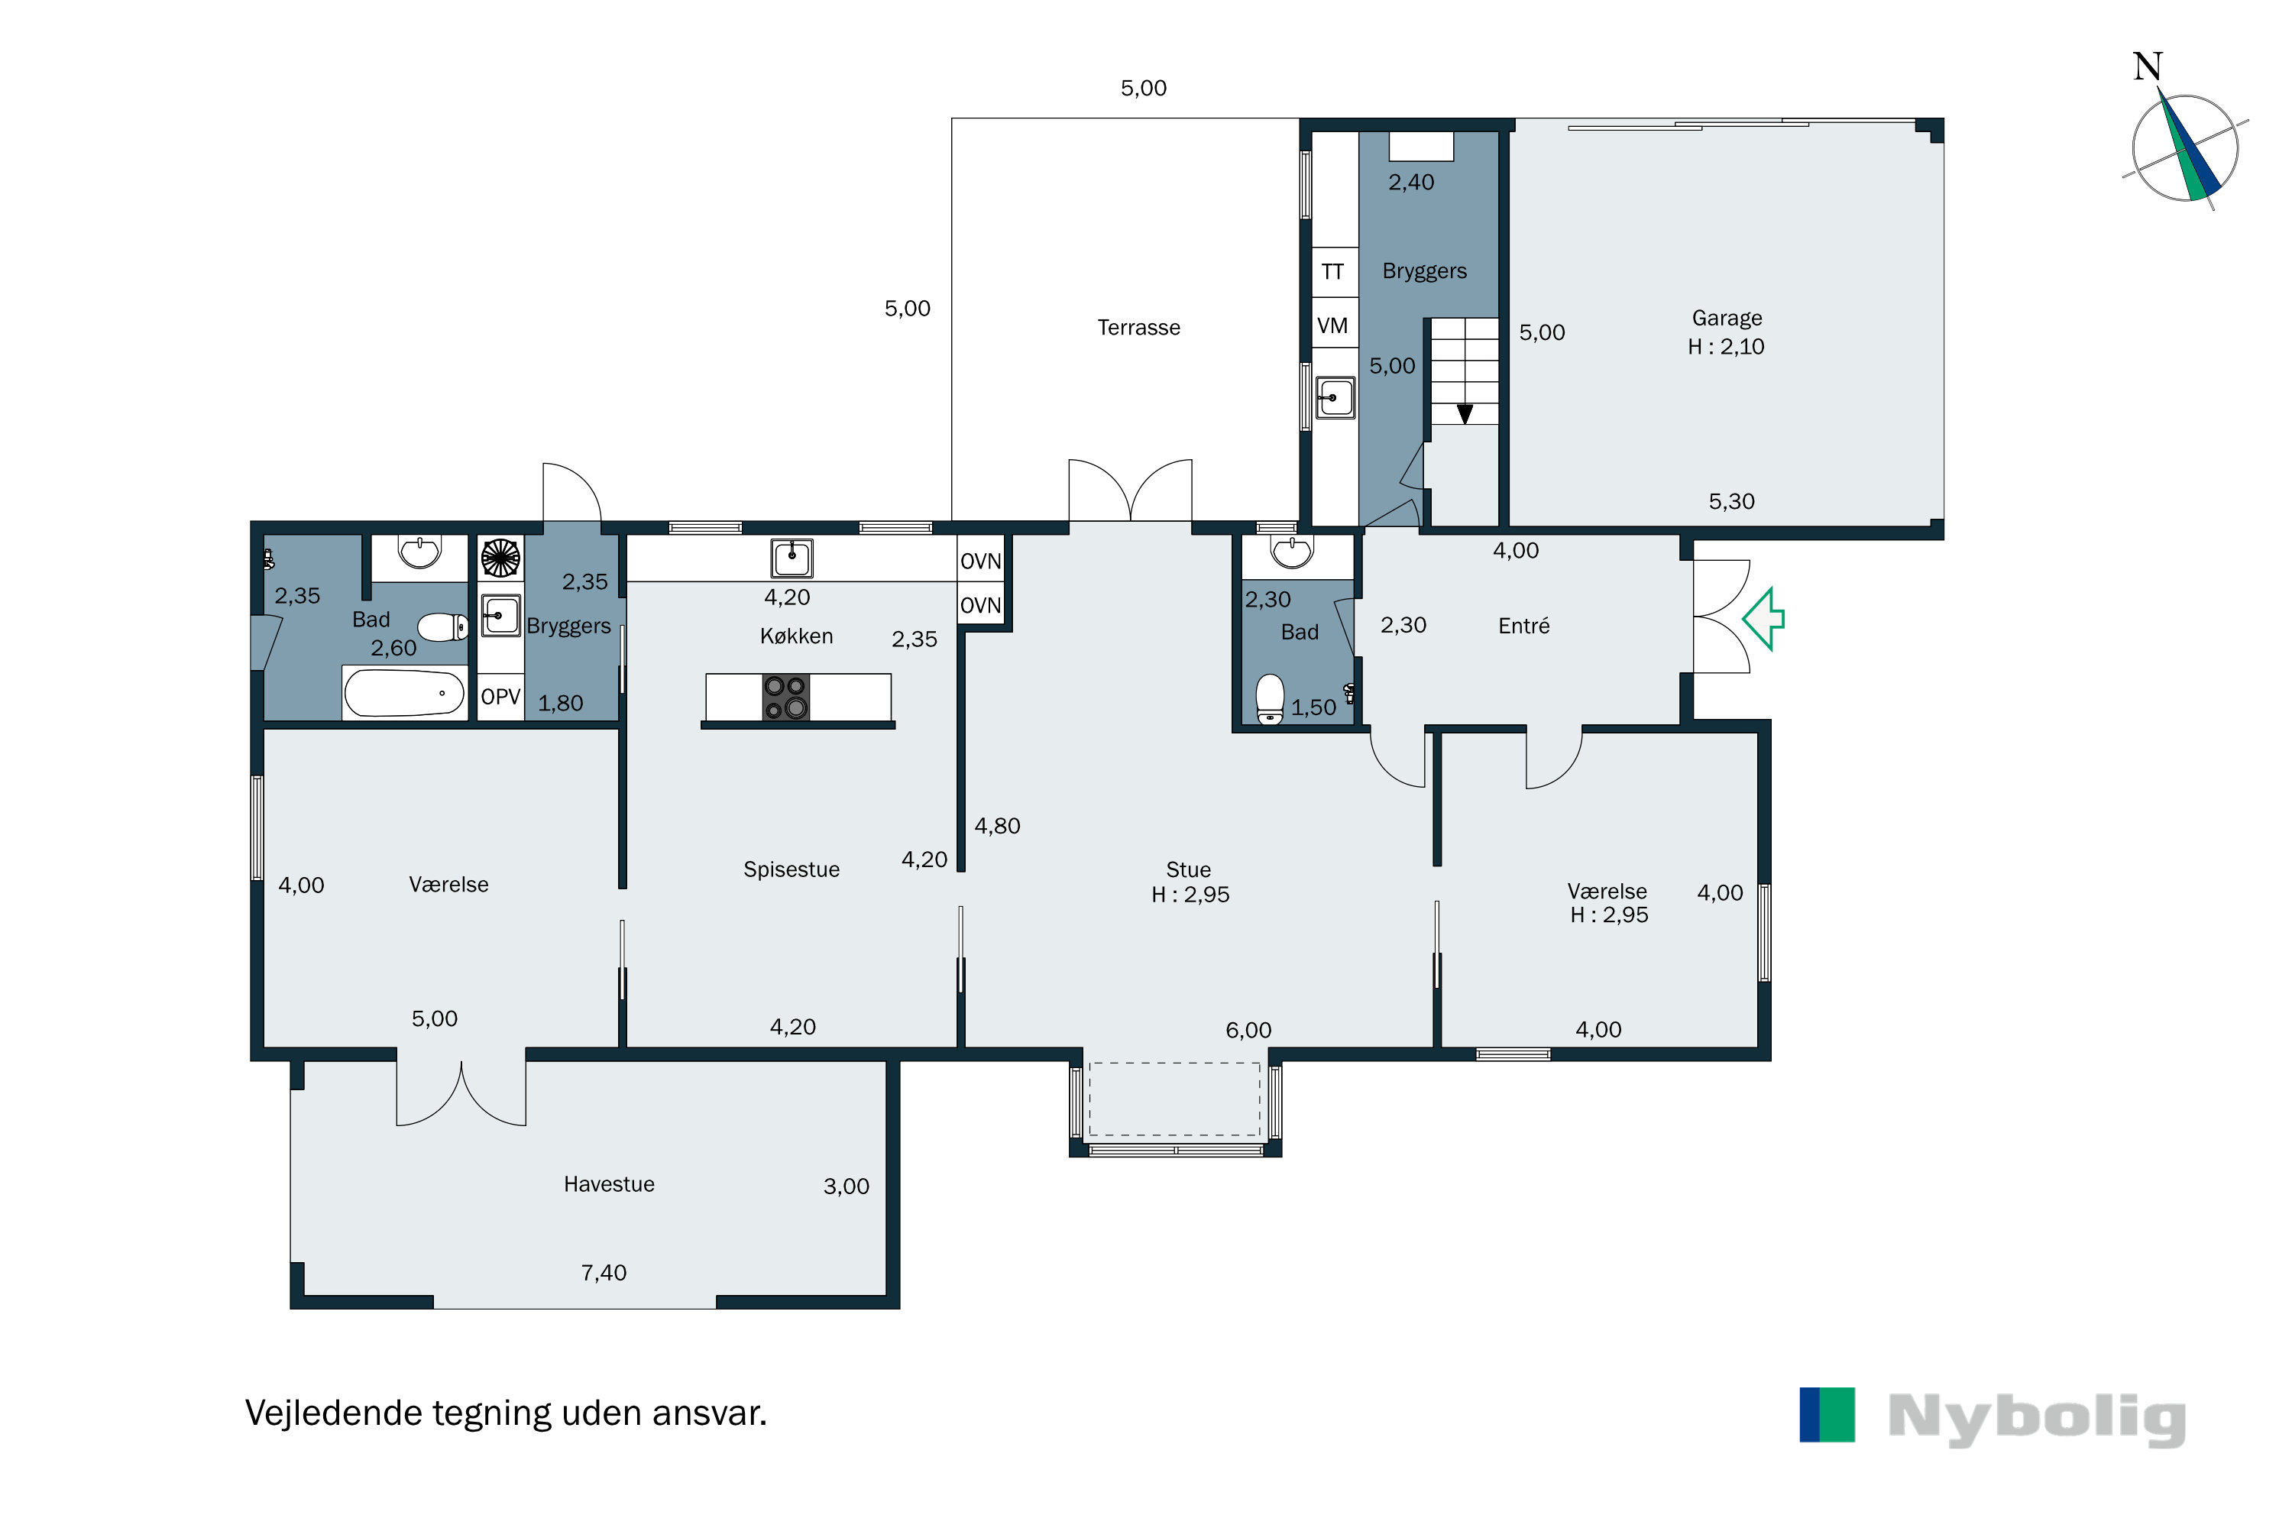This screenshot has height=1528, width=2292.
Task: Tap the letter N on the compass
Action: coord(2148,66)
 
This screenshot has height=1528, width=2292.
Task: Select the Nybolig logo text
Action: coord(2038,1419)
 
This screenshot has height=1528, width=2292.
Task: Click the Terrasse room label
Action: coord(1138,328)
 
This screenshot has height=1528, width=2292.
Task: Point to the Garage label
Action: coord(1727,319)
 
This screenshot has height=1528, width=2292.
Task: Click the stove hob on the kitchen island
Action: coord(785,698)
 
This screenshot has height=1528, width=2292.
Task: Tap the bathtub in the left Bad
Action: coord(403,693)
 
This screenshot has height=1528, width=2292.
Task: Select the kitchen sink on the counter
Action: coord(792,558)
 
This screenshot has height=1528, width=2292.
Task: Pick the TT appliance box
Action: coord(1334,272)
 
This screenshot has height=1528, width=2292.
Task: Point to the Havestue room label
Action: coord(609,1184)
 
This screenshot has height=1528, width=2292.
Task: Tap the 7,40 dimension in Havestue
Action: coord(604,1273)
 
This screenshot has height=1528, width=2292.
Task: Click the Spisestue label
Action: coord(792,869)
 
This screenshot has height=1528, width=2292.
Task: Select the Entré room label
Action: coord(1523,626)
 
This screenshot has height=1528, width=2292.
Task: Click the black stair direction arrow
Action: coord(1465,414)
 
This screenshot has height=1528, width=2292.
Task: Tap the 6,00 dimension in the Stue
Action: coord(1248,1030)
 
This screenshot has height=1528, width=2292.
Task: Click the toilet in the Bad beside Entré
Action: coord(1270,700)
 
